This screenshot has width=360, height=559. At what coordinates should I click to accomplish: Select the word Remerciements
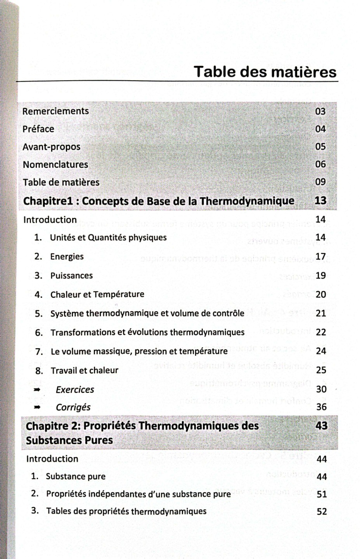click(55, 111)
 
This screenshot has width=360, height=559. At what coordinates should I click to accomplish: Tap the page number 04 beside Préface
click(320, 128)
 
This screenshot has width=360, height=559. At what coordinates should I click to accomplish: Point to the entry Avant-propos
click(52, 147)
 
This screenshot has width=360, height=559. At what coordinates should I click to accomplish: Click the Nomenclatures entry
click(55, 164)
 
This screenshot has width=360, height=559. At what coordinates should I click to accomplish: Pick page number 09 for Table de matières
click(320, 182)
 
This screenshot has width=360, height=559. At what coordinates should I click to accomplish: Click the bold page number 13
click(320, 201)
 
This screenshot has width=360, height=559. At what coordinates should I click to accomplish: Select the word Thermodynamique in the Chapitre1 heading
click(247, 201)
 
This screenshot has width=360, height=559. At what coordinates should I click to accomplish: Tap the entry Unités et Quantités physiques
click(108, 238)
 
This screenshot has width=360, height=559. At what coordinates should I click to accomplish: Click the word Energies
click(67, 257)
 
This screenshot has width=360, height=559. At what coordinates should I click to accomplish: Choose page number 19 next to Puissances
click(320, 276)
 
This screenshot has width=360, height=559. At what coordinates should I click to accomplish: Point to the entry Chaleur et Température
click(97, 294)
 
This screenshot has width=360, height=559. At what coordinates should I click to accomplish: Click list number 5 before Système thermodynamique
click(38, 314)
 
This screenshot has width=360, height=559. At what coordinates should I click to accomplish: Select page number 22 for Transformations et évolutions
click(321, 332)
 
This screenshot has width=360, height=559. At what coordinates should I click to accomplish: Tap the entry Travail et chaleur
click(84, 370)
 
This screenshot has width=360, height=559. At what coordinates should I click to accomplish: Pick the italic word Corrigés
click(73, 407)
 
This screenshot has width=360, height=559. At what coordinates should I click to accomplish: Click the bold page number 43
click(321, 426)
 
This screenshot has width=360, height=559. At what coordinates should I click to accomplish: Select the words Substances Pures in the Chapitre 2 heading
click(69, 441)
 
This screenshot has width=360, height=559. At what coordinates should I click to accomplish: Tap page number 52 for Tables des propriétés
click(322, 511)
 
